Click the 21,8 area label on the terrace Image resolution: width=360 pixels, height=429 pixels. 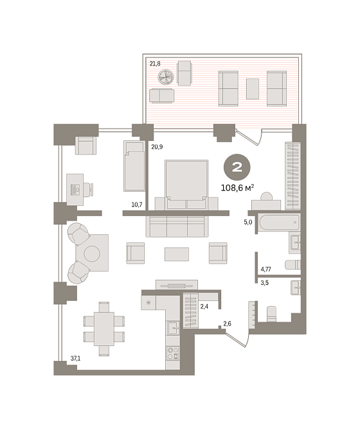[155, 64]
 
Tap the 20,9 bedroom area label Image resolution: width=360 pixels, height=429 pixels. [157, 147]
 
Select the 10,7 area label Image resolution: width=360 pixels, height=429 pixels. [137, 205]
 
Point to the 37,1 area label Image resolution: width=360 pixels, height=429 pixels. [75, 358]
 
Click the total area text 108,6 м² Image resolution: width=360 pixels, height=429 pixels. [237, 188]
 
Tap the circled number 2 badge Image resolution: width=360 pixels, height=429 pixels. [237, 167]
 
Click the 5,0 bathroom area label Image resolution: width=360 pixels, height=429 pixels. [248, 222]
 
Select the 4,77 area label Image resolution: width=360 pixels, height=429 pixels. [266, 269]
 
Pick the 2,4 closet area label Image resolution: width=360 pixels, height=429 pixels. [204, 307]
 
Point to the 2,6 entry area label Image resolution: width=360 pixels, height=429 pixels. [227, 324]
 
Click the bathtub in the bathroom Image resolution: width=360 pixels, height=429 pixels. [279, 223]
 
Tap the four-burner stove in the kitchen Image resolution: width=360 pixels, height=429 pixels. [173, 352]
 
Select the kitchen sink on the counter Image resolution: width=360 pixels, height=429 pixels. [173, 327]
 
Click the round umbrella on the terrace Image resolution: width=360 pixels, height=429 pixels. [166, 77]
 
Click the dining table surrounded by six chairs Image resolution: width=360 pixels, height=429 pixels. [104, 329]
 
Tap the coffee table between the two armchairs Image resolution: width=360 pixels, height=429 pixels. [177, 254]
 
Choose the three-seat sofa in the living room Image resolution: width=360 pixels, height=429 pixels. [177, 226]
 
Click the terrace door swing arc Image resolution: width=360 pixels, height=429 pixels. [260, 139]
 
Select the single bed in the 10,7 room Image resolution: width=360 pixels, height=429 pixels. [134, 166]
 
